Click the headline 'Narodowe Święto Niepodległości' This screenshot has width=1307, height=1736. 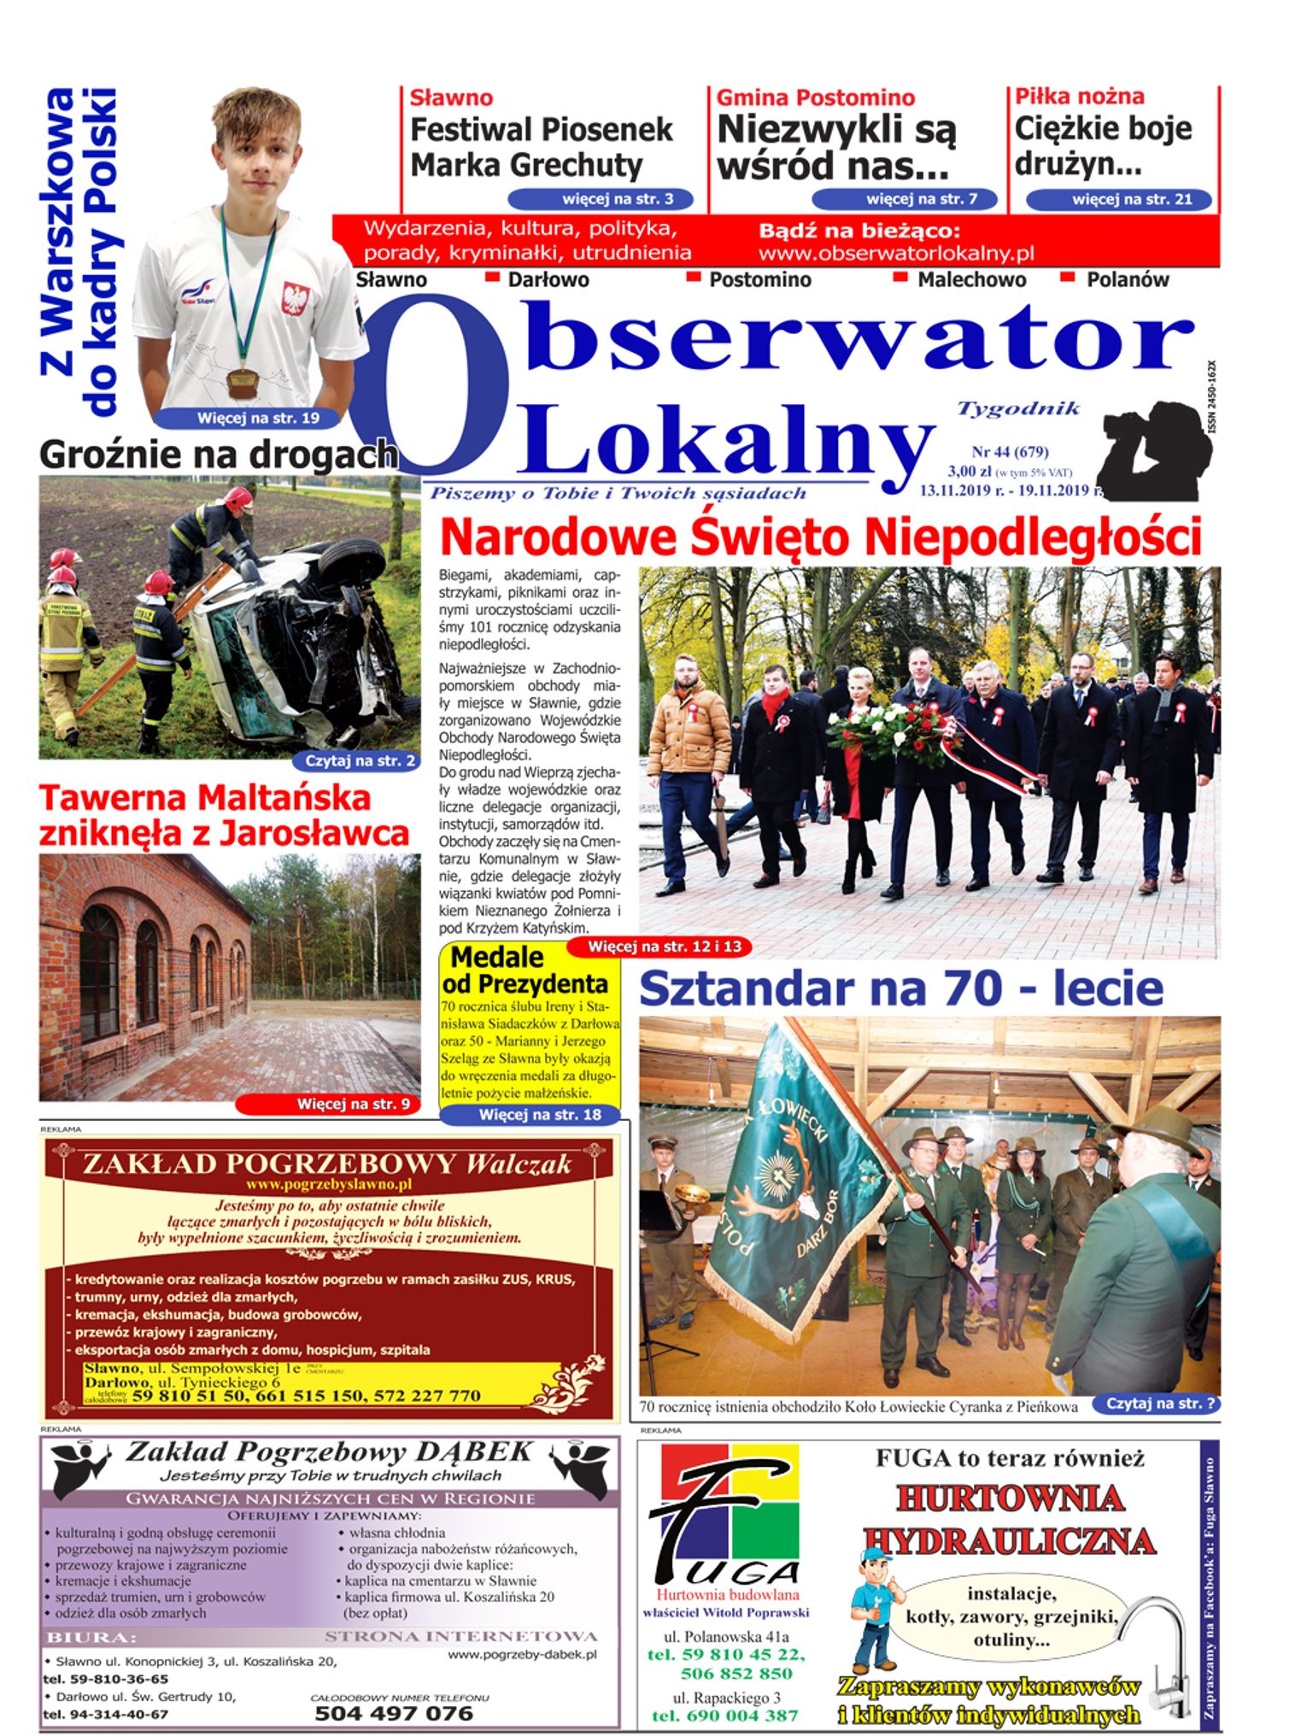coord(820,537)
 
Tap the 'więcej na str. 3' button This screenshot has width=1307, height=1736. coord(601,200)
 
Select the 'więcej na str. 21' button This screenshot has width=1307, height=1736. coord(1119,200)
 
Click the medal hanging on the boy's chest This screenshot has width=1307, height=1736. coord(242,383)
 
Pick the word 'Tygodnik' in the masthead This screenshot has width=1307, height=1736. coord(1018,408)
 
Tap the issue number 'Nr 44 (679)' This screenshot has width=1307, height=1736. coord(1010,452)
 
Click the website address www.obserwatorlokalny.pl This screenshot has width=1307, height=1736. coord(895,254)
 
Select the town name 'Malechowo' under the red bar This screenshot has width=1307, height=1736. coord(971,279)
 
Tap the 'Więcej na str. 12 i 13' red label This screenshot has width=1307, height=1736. coord(665,946)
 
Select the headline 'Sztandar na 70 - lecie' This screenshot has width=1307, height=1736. coord(900,988)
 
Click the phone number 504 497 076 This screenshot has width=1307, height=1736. coord(393,1713)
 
